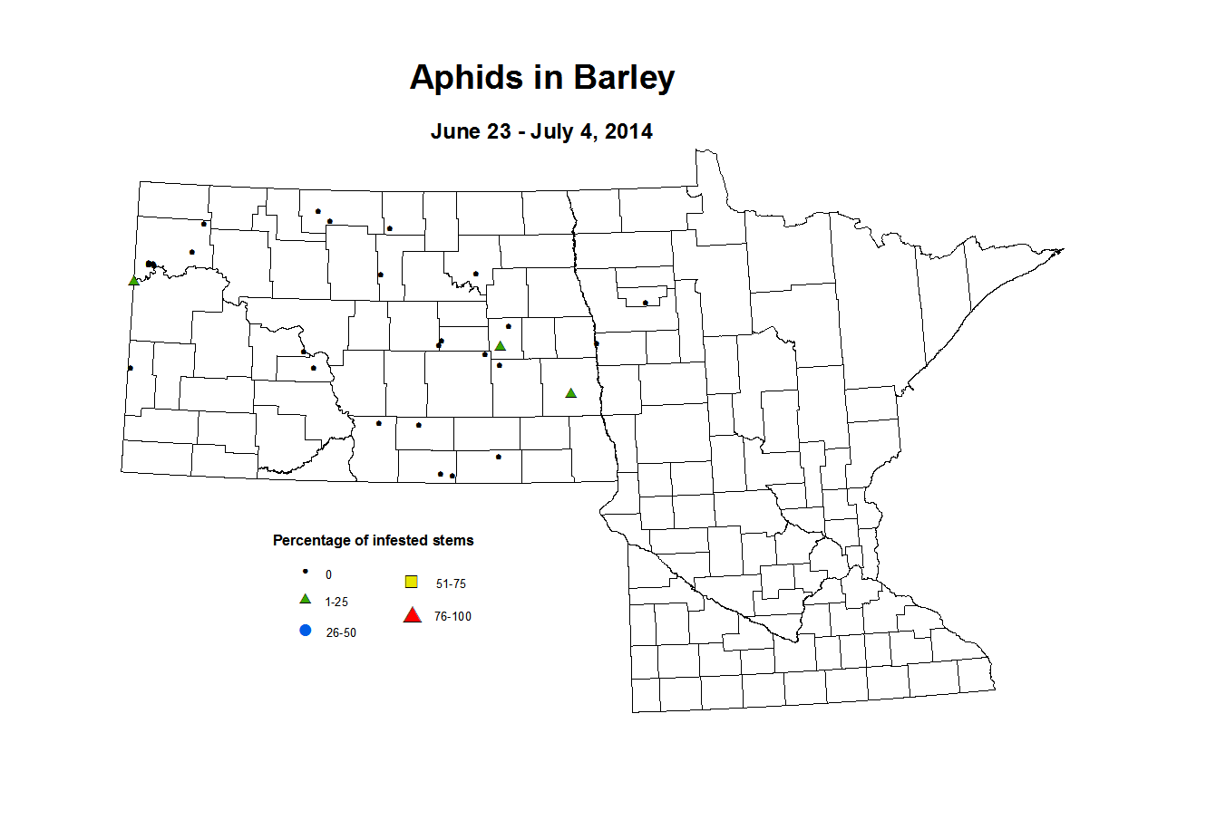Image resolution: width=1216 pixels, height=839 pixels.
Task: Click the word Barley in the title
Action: (x=624, y=78)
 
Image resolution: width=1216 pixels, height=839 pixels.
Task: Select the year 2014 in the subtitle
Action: (x=628, y=131)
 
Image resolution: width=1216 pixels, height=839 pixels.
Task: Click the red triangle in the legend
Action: (x=412, y=616)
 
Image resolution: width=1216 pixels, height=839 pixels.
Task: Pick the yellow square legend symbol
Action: (x=411, y=582)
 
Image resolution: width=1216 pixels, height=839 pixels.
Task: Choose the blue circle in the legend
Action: (x=306, y=631)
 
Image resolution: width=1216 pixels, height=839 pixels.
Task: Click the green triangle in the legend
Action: (x=306, y=600)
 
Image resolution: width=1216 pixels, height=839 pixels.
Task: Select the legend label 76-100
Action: (x=452, y=617)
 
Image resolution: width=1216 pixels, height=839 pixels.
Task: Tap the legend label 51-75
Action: (x=451, y=584)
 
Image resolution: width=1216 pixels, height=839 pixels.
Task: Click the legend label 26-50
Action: (x=341, y=633)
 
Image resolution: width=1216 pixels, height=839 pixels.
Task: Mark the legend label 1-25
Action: (x=336, y=603)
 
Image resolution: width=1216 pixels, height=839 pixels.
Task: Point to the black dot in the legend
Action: (x=306, y=572)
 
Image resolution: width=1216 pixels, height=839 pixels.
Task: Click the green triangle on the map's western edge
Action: (x=133, y=281)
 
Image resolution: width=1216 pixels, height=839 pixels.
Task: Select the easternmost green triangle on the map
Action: (x=570, y=393)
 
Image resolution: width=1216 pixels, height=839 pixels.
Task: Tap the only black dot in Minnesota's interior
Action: (x=645, y=303)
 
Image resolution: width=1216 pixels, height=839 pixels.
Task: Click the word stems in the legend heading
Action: (x=453, y=541)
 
